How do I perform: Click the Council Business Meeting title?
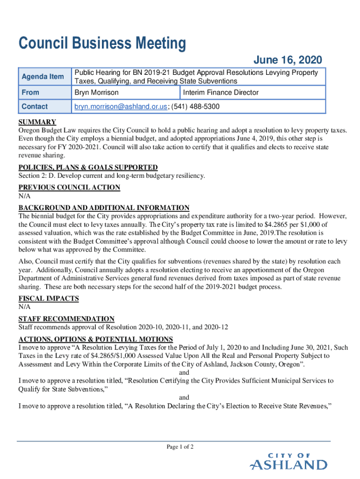point(102,44)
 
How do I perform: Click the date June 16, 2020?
point(288,60)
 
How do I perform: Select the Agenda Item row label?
point(43,76)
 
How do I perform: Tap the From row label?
point(30,92)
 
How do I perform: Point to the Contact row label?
point(35,107)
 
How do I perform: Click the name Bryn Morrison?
point(97,92)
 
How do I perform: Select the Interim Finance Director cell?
point(221,92)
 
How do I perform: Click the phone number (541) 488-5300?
point(196,107)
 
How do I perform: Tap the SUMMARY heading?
point(37,123)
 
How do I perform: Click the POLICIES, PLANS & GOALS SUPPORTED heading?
point(88,167)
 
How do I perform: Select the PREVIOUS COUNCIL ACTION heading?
point(69,188)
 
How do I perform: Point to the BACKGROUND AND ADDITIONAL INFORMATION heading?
point(104,208)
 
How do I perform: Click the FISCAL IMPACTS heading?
point(49,298)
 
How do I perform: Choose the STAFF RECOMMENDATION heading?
point(66,319)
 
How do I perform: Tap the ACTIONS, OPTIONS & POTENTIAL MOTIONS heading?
point(95,339)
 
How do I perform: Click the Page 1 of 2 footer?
point(180,447)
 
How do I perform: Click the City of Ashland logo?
point(288,462)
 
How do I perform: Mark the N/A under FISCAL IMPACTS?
point(24,307)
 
